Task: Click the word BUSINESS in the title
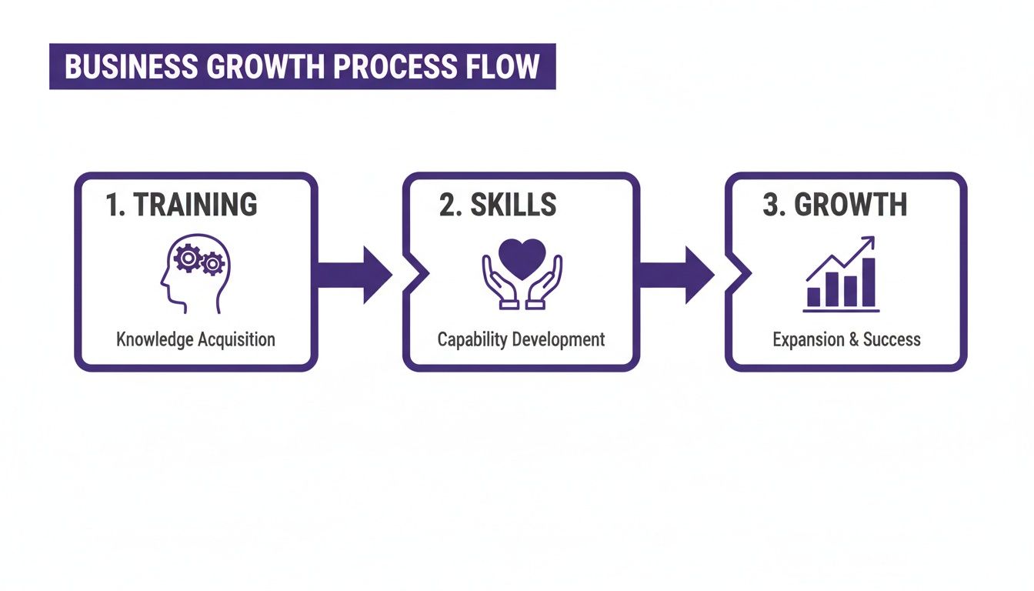131,67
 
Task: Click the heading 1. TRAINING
182,205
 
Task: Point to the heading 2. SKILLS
498,205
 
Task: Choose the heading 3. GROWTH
835,205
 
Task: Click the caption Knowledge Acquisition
195,339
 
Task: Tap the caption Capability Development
521,339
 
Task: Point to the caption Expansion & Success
846,339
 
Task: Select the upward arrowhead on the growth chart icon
870,242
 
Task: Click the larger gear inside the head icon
187,259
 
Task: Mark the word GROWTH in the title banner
265,67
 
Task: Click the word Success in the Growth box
892,339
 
